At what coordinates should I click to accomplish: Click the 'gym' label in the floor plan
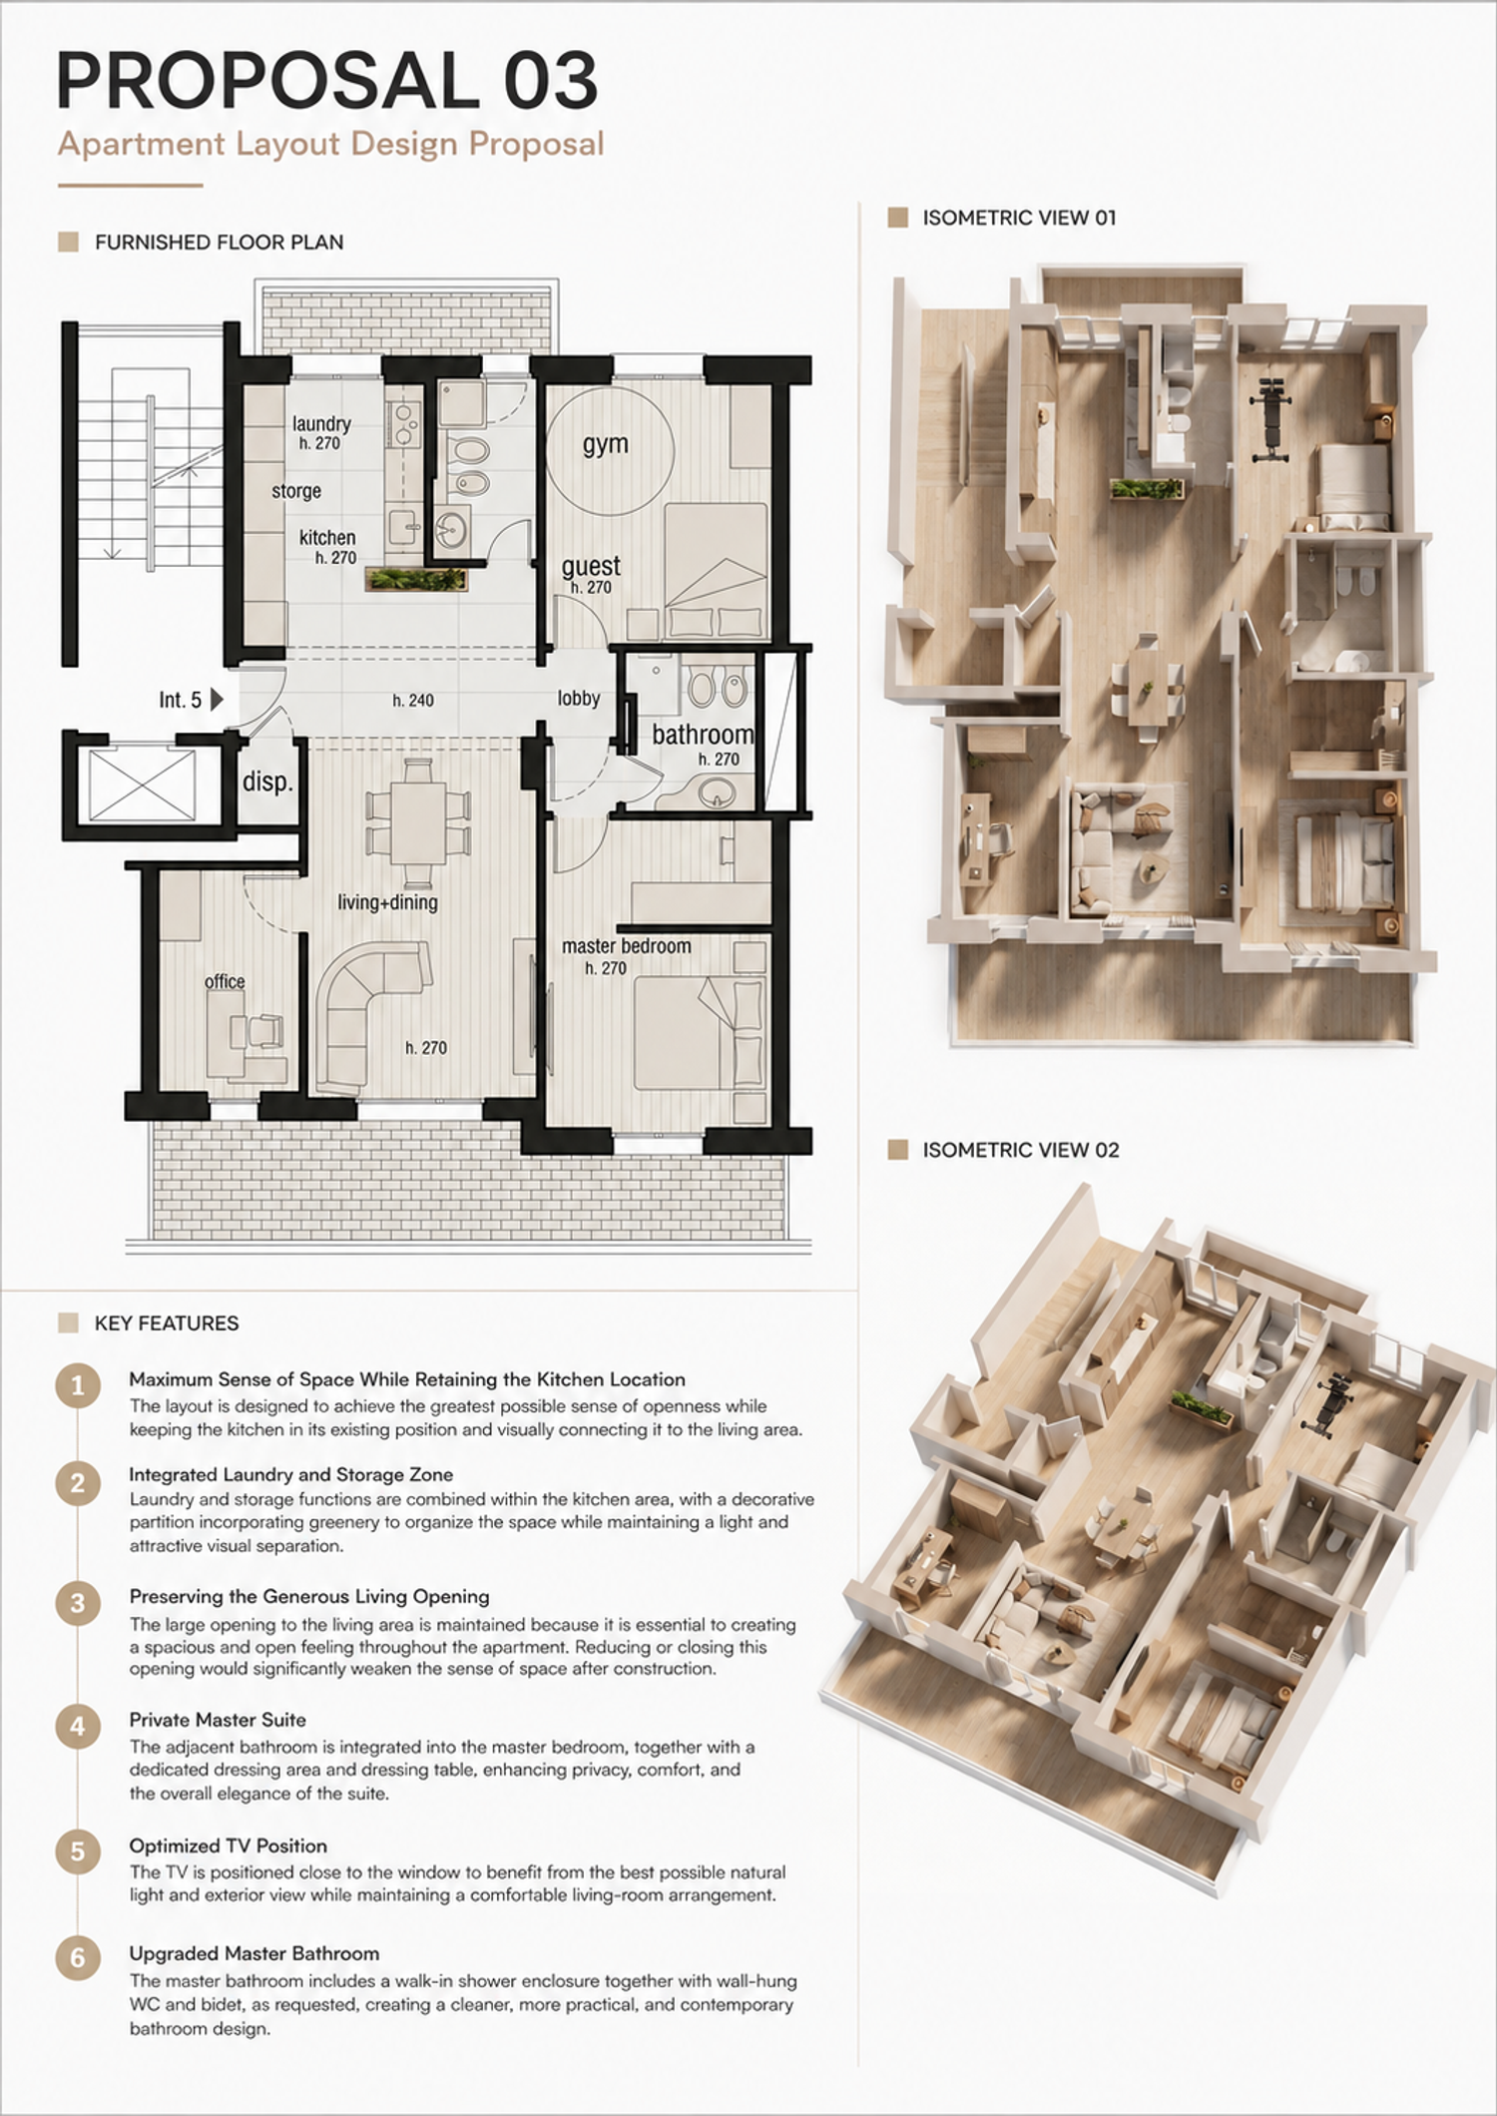coord(606,444)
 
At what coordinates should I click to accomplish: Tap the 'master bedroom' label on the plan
coord(626,945)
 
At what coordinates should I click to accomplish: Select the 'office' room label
coord(225,981)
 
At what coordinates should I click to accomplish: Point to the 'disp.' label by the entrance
coord(267,782)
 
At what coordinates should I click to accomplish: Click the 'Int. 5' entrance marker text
coord(181,700)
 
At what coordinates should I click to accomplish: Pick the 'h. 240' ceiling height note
coord(413,701)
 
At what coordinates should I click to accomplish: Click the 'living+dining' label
coord(387,902)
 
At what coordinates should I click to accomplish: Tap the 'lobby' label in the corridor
coord(579,698)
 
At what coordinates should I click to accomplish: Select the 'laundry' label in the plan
coord(321,424)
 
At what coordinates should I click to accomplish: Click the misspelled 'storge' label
coord(296,491)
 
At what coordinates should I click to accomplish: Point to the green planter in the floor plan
coord(418,579)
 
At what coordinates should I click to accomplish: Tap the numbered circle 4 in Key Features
coord(78,1727)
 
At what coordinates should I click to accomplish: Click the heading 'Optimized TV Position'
coord(229,1846)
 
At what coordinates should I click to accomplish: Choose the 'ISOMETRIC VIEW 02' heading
coord(1021,1150)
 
